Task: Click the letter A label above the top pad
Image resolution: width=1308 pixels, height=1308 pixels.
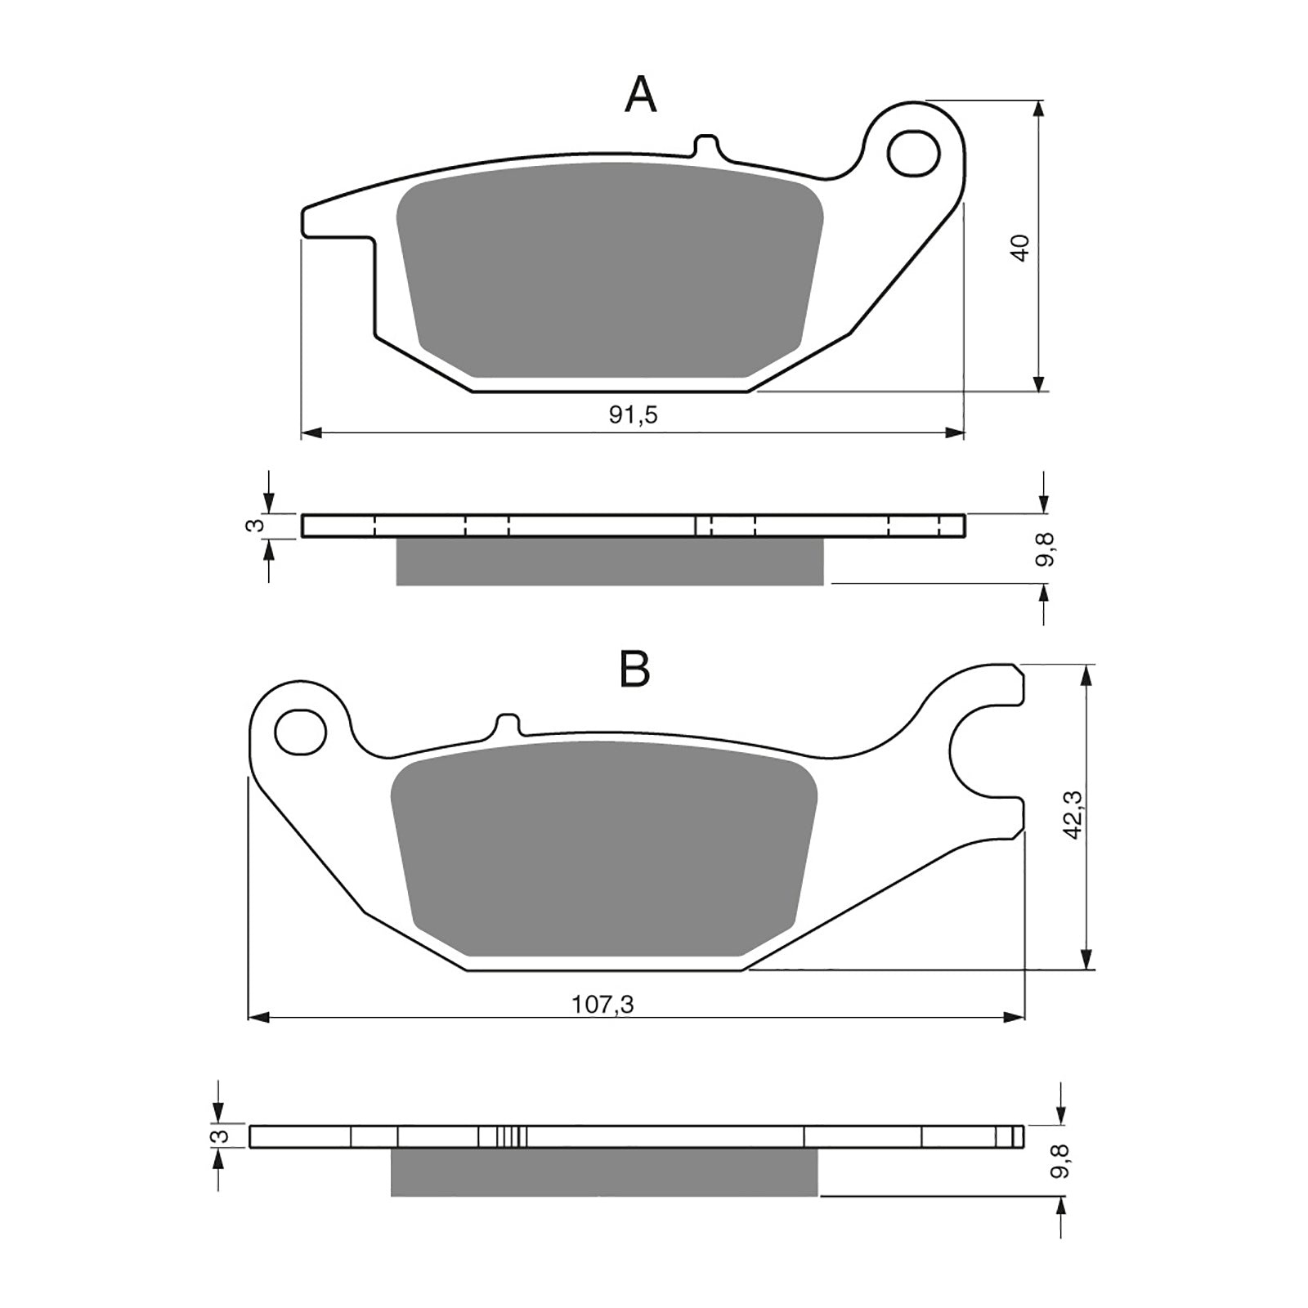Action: pyautogui.click(x=640, y=96)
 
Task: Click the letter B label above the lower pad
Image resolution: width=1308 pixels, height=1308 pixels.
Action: pyautogui.click(x=634, y=670)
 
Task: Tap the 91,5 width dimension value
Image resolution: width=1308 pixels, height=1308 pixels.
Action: pyautogui.click(x=633, y=415)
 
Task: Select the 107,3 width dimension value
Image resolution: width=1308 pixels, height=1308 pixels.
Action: pyautogui.click(x=602, y=1004)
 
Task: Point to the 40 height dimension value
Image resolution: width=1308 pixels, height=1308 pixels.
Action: pyautogui.click(x=1019, y=247)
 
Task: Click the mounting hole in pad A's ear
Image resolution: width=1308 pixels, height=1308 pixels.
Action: pyautogui.click(x=914, y=154)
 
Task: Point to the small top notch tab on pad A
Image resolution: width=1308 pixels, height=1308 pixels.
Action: pyautogui.click(x=706, y=146)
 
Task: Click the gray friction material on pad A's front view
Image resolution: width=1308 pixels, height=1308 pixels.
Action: pyautogui.click(x=609, y=270)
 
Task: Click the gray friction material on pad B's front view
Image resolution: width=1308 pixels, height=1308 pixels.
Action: pyautogui.click(x=605, y=850)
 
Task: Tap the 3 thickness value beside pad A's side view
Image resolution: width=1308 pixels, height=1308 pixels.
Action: pyautogui.click(x=256, y=526)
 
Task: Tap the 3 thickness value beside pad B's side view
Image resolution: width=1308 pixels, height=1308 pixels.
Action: pyautogui.click(x=217, y=1136)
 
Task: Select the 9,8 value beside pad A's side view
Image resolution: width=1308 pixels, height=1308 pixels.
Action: pyautogui.click(x=1045, y=549)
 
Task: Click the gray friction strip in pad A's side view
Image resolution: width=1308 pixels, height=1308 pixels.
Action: pyautogui.click(x=609, y=562)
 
